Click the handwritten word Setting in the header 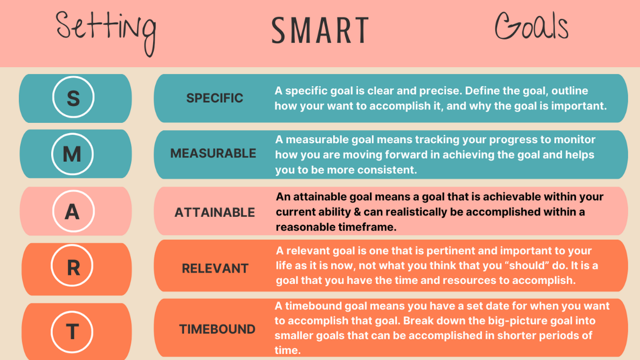pyautogui.click(x=106, y=33)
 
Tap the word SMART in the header pyautogui.click(x=320, y=30)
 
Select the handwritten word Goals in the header pyautogui.click(x=532, y=26)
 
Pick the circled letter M pyautogui.click(x=72, y=154)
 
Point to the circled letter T pyautogui.click(x=72, y=332)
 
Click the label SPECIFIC pyautogui.click(x=215, y=98)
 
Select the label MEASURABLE pyautogui.click(x=213, y=154)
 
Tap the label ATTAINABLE pyautogui.click(x=215, y=212)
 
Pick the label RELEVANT pyautogui.click(x=215, y=268)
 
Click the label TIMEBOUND pyautogui.click(x=217, y=329)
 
